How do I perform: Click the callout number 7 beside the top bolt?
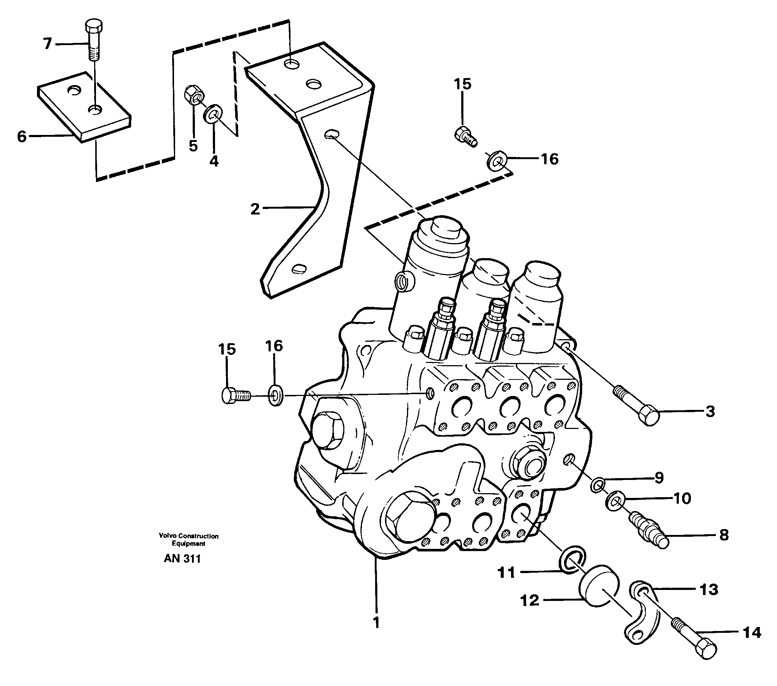click(47, 44)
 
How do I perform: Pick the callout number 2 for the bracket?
click(255, 209)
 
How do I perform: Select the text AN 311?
click(182, 558)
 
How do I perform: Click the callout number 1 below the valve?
click(376, 623)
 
